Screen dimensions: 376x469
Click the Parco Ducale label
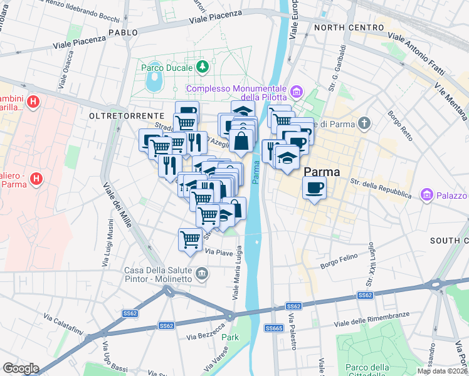pyautogui.click(x=166, y=66)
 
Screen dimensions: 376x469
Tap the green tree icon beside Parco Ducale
pyautogui.click(x=202, y=66)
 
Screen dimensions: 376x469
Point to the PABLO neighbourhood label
pyautogui.click(x=123, y=32)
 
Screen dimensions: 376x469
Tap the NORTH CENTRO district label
pyautogui.click(x=349, y=28)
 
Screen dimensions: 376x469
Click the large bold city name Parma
pyautogui.click(x=322, y=172)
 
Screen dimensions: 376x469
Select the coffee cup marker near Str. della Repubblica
pyautogui.click(x=314, y=187)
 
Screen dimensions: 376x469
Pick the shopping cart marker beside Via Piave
pyautogui.click(x=190, y=239)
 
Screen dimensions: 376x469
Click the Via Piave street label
pyautogui.click(x=219, y=252)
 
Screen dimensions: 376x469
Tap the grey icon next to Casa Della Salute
pyautogui.click(x=202, y=273)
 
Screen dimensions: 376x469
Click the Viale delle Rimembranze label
pyautogui.click(x=372, y=319)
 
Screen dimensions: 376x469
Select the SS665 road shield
pyautogui.click(x=273, y=328)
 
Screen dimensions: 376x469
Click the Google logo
pyautogui.click(x=21, y=368)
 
